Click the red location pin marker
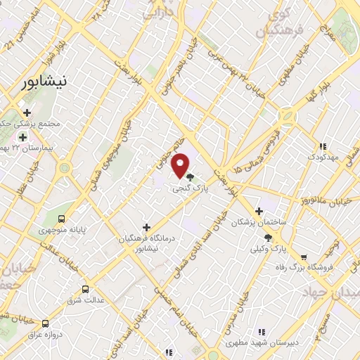pos(182,165)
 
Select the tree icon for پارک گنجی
pos(191,177)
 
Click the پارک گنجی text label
pos(191,189)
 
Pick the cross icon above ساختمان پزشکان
pos(259,211)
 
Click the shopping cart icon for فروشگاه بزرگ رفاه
pos(304,258)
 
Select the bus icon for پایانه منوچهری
pos(61,218)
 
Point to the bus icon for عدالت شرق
pos(86,289)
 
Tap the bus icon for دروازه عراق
pos(46,323)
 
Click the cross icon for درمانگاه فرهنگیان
pos(146,227)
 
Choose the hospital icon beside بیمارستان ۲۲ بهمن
pos(23,136)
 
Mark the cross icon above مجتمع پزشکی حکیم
pos(27,112)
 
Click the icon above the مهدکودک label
pos(323,146)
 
